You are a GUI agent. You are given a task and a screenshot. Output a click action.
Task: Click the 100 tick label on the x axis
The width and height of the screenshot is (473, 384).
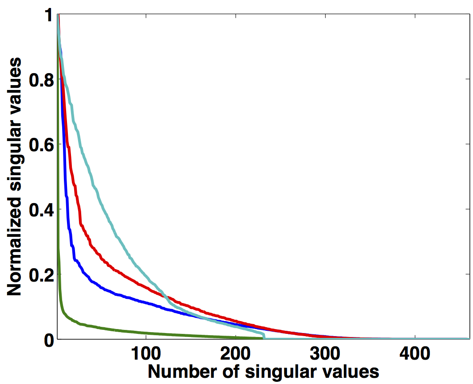(x=146, y=355)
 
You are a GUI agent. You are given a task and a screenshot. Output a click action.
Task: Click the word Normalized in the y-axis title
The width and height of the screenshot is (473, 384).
(x=15, y=249)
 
